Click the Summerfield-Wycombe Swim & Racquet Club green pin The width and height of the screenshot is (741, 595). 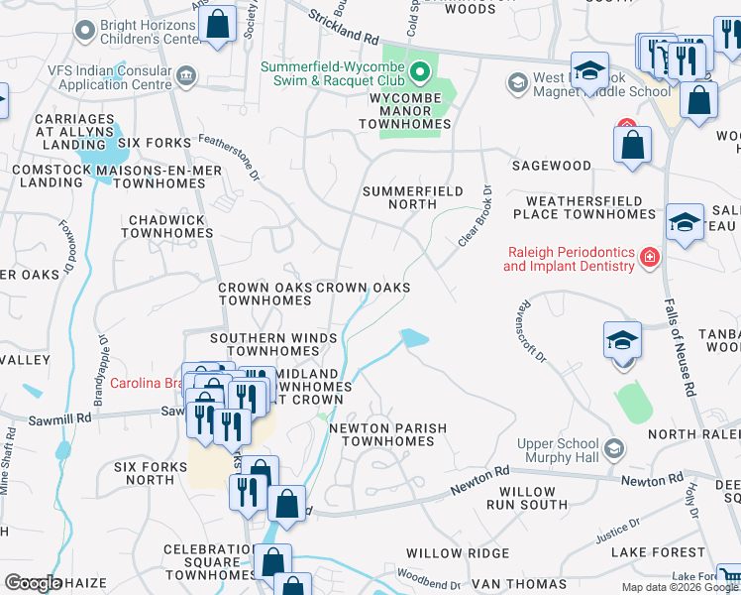pos(420,70)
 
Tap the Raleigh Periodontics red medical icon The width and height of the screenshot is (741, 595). pos(649,258)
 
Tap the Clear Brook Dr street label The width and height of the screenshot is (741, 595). pos(475,216)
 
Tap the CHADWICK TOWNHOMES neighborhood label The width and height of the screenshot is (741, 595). pos(166,226)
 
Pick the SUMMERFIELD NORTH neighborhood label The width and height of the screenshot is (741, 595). pos(399,196)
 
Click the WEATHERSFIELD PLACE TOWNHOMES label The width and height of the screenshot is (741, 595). pos(583,207)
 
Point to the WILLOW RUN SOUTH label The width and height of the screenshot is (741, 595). pos(527,499)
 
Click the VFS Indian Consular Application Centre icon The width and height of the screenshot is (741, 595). pos(185,77)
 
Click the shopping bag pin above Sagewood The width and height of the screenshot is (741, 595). pos(632,146)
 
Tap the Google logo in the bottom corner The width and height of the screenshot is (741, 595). pos(33,583)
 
